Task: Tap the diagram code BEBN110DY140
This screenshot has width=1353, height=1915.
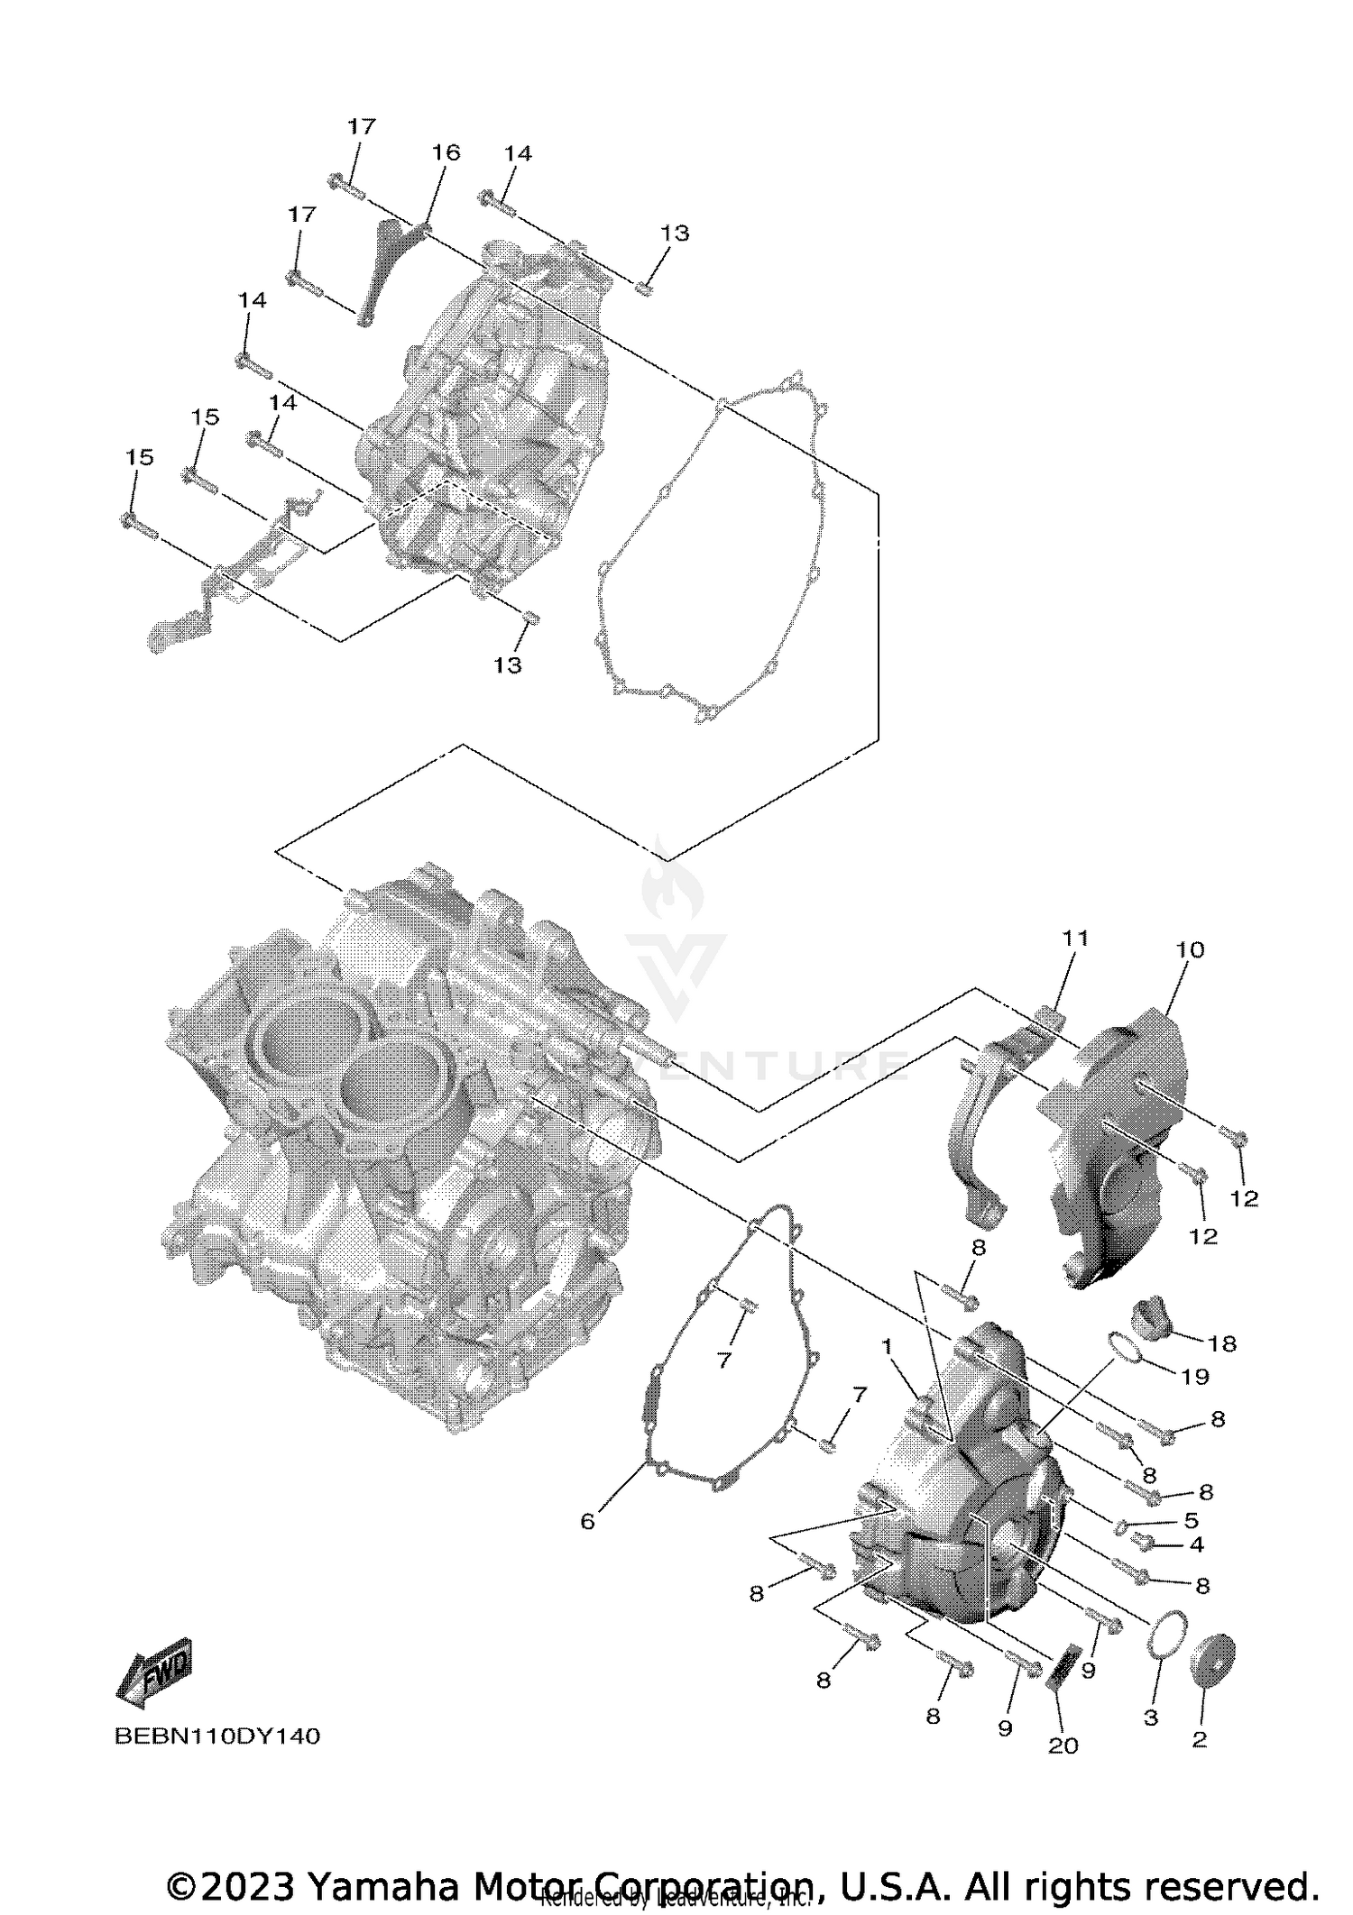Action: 217,1736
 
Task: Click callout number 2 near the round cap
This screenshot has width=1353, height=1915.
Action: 1199,1740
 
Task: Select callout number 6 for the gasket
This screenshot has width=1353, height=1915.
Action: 587,1522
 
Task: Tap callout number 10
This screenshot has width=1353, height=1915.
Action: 1190,949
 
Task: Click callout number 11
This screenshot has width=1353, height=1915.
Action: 1075,939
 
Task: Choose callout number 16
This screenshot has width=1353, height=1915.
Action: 446,152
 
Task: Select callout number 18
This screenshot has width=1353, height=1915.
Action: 1221,1343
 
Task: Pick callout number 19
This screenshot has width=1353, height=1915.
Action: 1195,1377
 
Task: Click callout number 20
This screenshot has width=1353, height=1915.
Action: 1063,1745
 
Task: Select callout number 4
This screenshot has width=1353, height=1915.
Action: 1196,1544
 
